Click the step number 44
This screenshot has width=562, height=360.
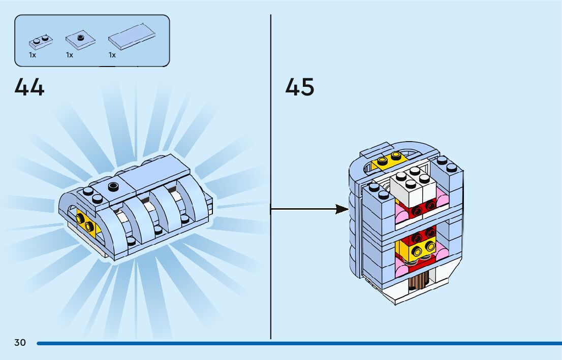coord(29,87)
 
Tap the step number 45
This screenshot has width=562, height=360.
coord(300,87)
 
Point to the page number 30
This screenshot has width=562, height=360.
coord(20,343)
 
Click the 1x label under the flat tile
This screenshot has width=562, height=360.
coord(112,55)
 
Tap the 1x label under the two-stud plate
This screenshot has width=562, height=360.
coord(33,55)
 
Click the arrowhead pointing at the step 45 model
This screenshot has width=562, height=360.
coord(342,209)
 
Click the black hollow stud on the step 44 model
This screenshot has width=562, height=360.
coord(113,186)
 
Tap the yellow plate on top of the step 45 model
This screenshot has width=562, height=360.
coord(388,161)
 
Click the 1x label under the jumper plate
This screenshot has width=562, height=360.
coord(70,55)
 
